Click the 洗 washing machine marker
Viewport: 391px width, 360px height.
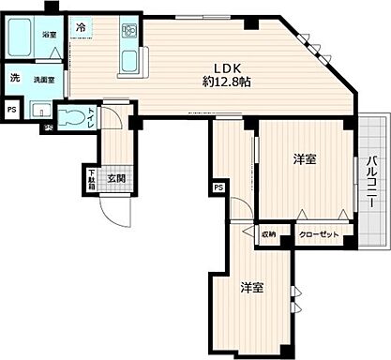[15, 78]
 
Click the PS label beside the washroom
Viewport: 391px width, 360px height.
[12, 110]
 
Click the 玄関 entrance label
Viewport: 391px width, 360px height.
[115, 179]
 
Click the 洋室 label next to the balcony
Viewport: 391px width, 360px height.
[302, 159]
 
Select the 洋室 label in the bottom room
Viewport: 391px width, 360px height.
[249, 287]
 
